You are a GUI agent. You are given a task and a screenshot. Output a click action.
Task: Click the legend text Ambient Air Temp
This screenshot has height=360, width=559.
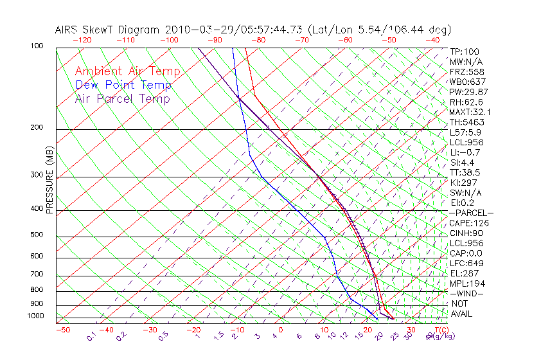[127, 71]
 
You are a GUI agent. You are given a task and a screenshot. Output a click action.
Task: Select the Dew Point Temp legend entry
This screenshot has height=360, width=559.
[123, 85]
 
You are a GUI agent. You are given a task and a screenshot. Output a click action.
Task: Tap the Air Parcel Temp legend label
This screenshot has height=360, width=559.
[122, 98]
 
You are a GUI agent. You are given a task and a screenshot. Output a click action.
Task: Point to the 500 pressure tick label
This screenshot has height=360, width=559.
[37, 235]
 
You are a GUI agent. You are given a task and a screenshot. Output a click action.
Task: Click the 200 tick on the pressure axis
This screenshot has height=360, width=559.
[37, 127]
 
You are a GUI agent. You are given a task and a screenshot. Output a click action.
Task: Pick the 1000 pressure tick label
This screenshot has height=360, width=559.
[35, 316]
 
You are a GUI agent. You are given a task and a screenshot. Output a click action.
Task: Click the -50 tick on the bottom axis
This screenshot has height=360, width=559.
[62, 330]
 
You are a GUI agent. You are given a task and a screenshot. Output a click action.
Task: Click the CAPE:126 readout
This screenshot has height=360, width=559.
[469, 223]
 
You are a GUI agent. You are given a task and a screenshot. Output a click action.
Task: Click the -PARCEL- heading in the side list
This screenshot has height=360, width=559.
[471, 213]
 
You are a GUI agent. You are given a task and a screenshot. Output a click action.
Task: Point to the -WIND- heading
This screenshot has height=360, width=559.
[466, 293]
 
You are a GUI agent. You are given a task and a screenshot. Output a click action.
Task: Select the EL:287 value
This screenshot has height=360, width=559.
[464, 273]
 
